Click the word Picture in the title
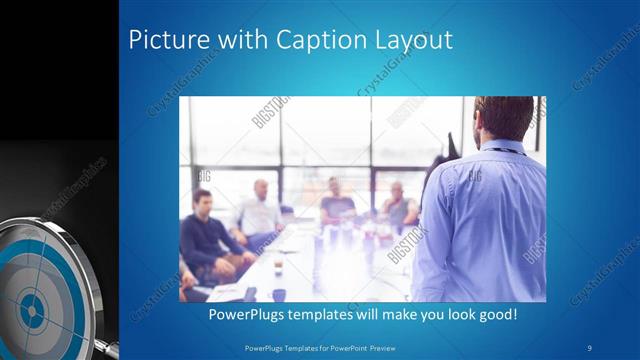click(x=164, y=40)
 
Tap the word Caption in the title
click(x=314, y=40)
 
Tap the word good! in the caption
click(x=494, y=314)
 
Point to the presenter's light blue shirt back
click(x=490, y=220)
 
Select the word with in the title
click(x=234, y=40)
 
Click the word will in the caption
click(x=367, y=314)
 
